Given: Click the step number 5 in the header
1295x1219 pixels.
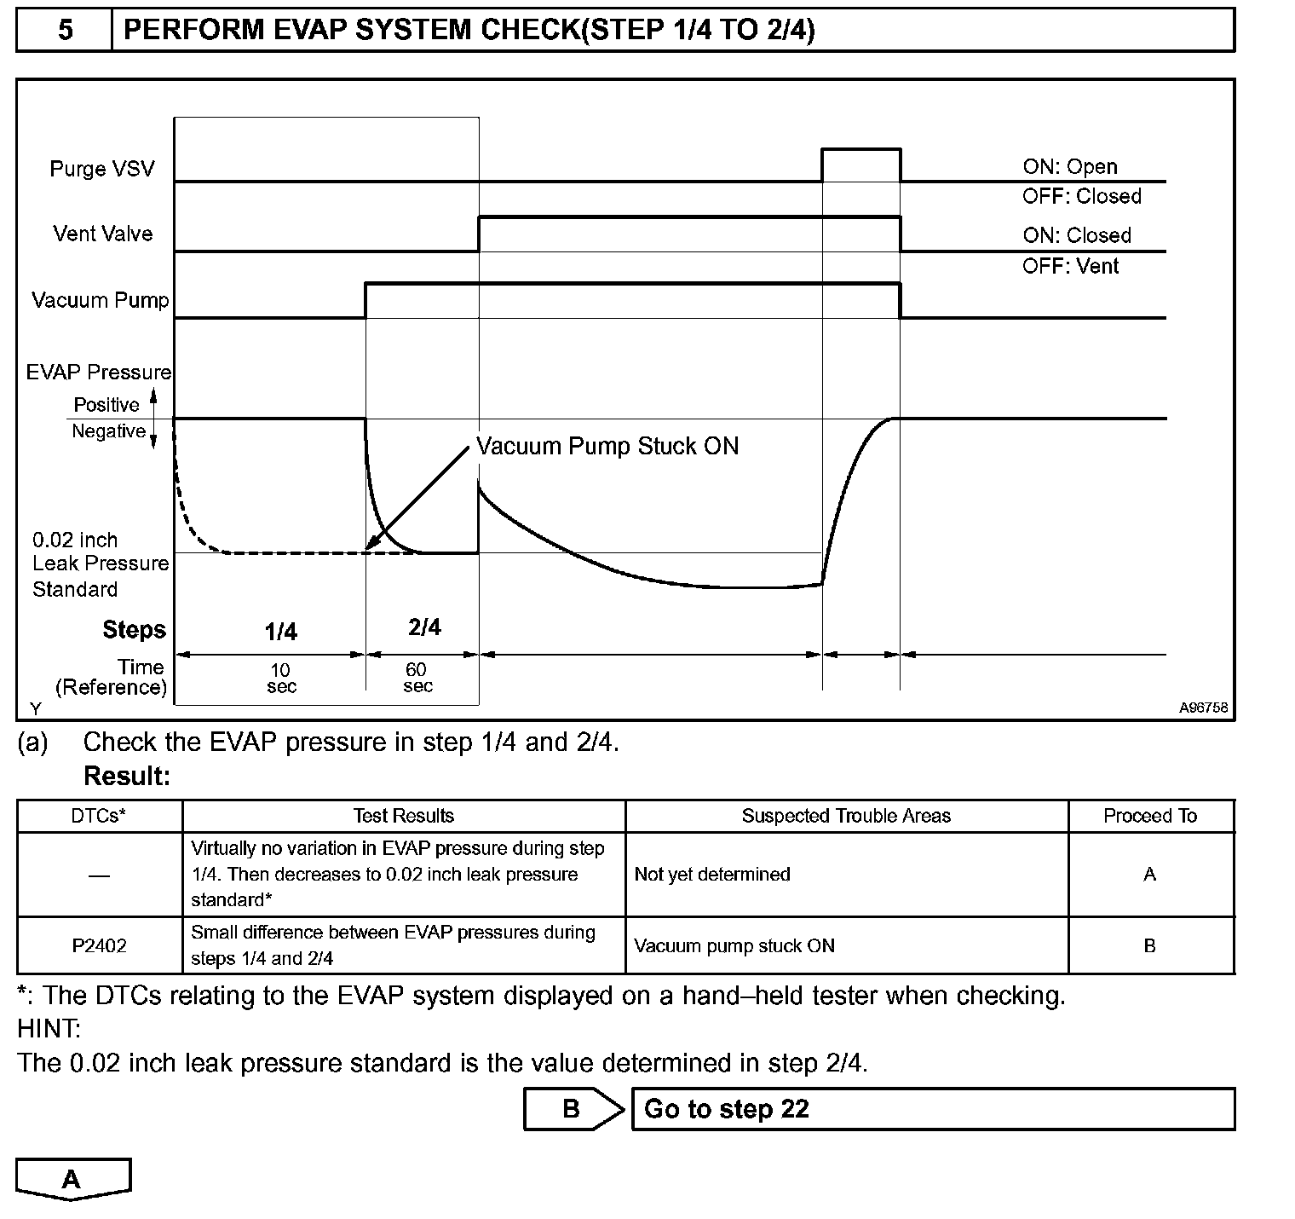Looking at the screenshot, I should point(65,31).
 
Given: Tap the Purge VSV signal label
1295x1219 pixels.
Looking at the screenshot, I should point(102,169).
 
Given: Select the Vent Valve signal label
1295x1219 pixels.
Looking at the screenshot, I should point(103,234).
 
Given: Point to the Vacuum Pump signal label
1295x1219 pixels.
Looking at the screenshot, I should point(100,300).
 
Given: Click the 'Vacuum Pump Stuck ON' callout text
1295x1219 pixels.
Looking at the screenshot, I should point(607,446).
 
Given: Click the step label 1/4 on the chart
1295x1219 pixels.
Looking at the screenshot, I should point(280,632).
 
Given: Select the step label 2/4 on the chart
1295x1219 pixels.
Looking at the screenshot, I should point(424,628).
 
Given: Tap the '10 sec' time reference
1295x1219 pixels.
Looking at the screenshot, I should point(281,679).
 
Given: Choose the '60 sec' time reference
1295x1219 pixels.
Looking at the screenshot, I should point(417,679).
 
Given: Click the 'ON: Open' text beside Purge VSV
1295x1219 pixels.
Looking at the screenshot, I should point(1070,167).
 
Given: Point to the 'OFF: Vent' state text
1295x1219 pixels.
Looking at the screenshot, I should point(1070,267).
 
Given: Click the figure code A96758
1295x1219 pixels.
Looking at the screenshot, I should point(1203,708).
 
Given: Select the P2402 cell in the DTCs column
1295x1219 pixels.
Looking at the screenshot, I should point(99,945).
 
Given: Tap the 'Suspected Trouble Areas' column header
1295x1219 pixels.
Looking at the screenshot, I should point(846,816).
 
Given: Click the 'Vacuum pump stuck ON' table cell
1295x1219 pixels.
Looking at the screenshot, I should point(734,945).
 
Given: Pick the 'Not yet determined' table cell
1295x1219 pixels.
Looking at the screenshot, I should point(712,875).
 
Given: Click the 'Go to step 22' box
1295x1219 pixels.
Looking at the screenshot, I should point(932,1109).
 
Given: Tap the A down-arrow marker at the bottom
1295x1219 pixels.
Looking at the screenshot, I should point(72,1179).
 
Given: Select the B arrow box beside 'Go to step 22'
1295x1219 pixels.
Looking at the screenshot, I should point(573,1109).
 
